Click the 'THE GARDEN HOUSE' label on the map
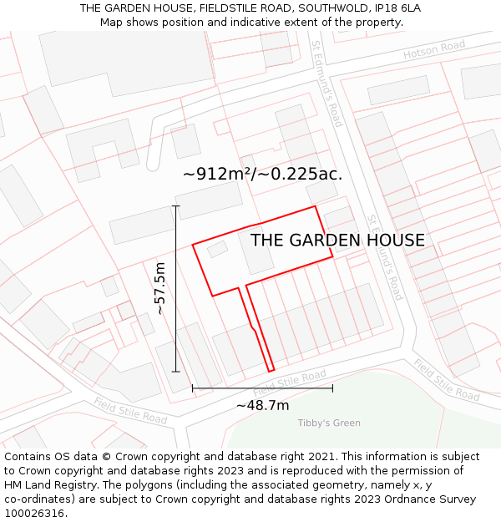tap(337, 241)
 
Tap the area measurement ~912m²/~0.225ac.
tap(262, 174)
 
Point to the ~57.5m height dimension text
tap(160, 288)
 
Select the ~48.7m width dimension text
tap(262, 405)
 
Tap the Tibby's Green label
tap(329, 423)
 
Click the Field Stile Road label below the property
tap(290, 384)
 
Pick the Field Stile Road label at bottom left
tap(130, 410)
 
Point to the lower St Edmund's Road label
tap(385, 256)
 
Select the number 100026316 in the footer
tap(36, 514)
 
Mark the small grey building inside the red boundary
tap(217, 249)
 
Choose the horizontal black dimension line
tap(262, 388)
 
